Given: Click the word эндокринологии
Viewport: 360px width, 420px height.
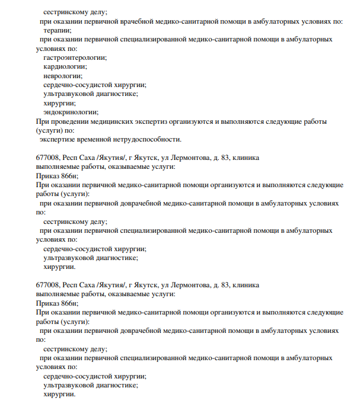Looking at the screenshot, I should (x=71, y=111).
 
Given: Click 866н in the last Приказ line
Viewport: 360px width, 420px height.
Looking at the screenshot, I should (x=71, y=303).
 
